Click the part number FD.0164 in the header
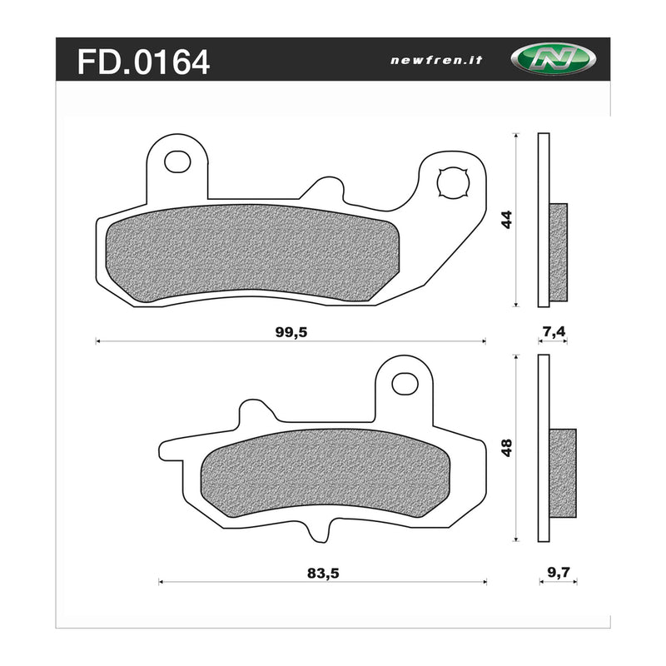(x=143, y=62)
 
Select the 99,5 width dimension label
(x=291, y=331)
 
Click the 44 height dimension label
(x=505, y=220)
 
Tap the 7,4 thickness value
(x=554, y=331)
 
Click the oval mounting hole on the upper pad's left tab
(x=176, y=162)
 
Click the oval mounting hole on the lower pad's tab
(x=405, y=383)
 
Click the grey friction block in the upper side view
(x=558, y=251)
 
